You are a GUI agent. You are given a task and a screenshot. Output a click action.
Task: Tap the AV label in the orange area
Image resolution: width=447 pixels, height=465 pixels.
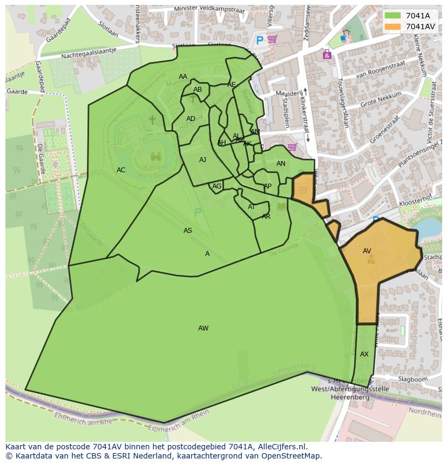tap(367, 251)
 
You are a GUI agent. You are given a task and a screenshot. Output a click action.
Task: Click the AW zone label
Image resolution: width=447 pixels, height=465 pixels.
tap(203, 328)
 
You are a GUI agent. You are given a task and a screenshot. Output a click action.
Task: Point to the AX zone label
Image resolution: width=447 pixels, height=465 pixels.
tap(364, 354)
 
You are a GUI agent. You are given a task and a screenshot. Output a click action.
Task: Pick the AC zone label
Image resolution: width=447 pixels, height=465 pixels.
tap(121, 170)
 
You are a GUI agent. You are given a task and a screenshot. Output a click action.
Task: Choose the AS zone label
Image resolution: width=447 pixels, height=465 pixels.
tap(188, 231)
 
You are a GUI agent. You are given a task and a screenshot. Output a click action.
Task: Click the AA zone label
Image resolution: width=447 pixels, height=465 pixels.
tap(183, 77)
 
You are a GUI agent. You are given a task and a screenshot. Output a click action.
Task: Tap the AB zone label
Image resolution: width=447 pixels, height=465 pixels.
tap(198, 90)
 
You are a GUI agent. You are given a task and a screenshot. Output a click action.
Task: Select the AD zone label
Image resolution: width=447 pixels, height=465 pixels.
tap(191, 119)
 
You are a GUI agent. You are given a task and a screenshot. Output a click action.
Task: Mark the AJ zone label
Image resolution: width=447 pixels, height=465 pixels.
tap(202, 160)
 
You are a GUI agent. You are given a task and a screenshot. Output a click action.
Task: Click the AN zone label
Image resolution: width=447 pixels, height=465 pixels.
tap(281, 164)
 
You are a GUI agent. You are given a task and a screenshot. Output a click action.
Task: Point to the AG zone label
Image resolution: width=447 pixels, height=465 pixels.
tap(216, 186)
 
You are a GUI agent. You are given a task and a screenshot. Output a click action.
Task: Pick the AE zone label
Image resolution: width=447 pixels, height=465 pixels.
tap(232, 85)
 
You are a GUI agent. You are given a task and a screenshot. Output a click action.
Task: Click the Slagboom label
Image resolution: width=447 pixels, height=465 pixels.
tap(412, 380)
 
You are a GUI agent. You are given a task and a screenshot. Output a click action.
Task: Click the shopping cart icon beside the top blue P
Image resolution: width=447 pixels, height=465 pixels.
tap(273, 39)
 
